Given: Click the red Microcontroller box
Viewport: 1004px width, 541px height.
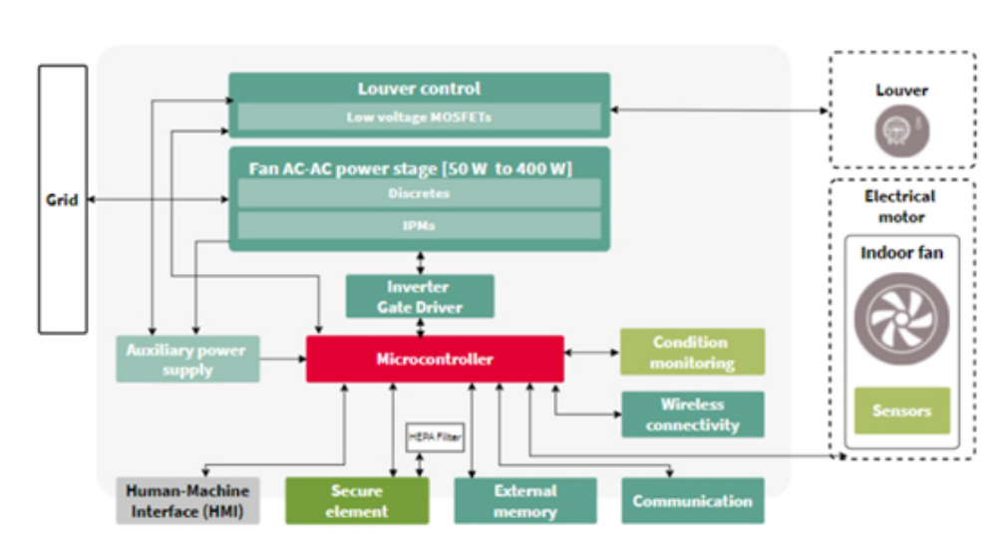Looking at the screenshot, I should tap(435, 359).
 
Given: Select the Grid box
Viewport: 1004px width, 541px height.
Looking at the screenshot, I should tap(63, 199).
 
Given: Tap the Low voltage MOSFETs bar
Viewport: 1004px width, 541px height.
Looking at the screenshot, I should tap(419, 118).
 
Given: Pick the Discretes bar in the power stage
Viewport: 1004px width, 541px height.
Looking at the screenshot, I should tap(419, 193).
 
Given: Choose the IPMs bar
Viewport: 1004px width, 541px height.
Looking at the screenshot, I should tap(419, 225).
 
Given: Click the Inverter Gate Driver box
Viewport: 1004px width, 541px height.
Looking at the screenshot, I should tap(420, 297).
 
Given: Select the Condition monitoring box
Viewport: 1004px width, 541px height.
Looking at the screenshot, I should tap(692, 353).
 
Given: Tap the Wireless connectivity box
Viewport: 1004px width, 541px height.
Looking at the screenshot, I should tap(692, 414).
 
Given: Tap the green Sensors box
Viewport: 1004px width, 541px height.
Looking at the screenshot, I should tap(902, 410).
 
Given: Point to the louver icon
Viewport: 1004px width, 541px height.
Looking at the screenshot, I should tap(900, 131).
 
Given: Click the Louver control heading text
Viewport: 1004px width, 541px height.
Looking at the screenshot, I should tap(419, 89).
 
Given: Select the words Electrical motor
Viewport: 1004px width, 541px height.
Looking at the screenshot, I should tap(901, 206).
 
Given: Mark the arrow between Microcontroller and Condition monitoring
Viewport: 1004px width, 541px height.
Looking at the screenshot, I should tap(592, 353).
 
